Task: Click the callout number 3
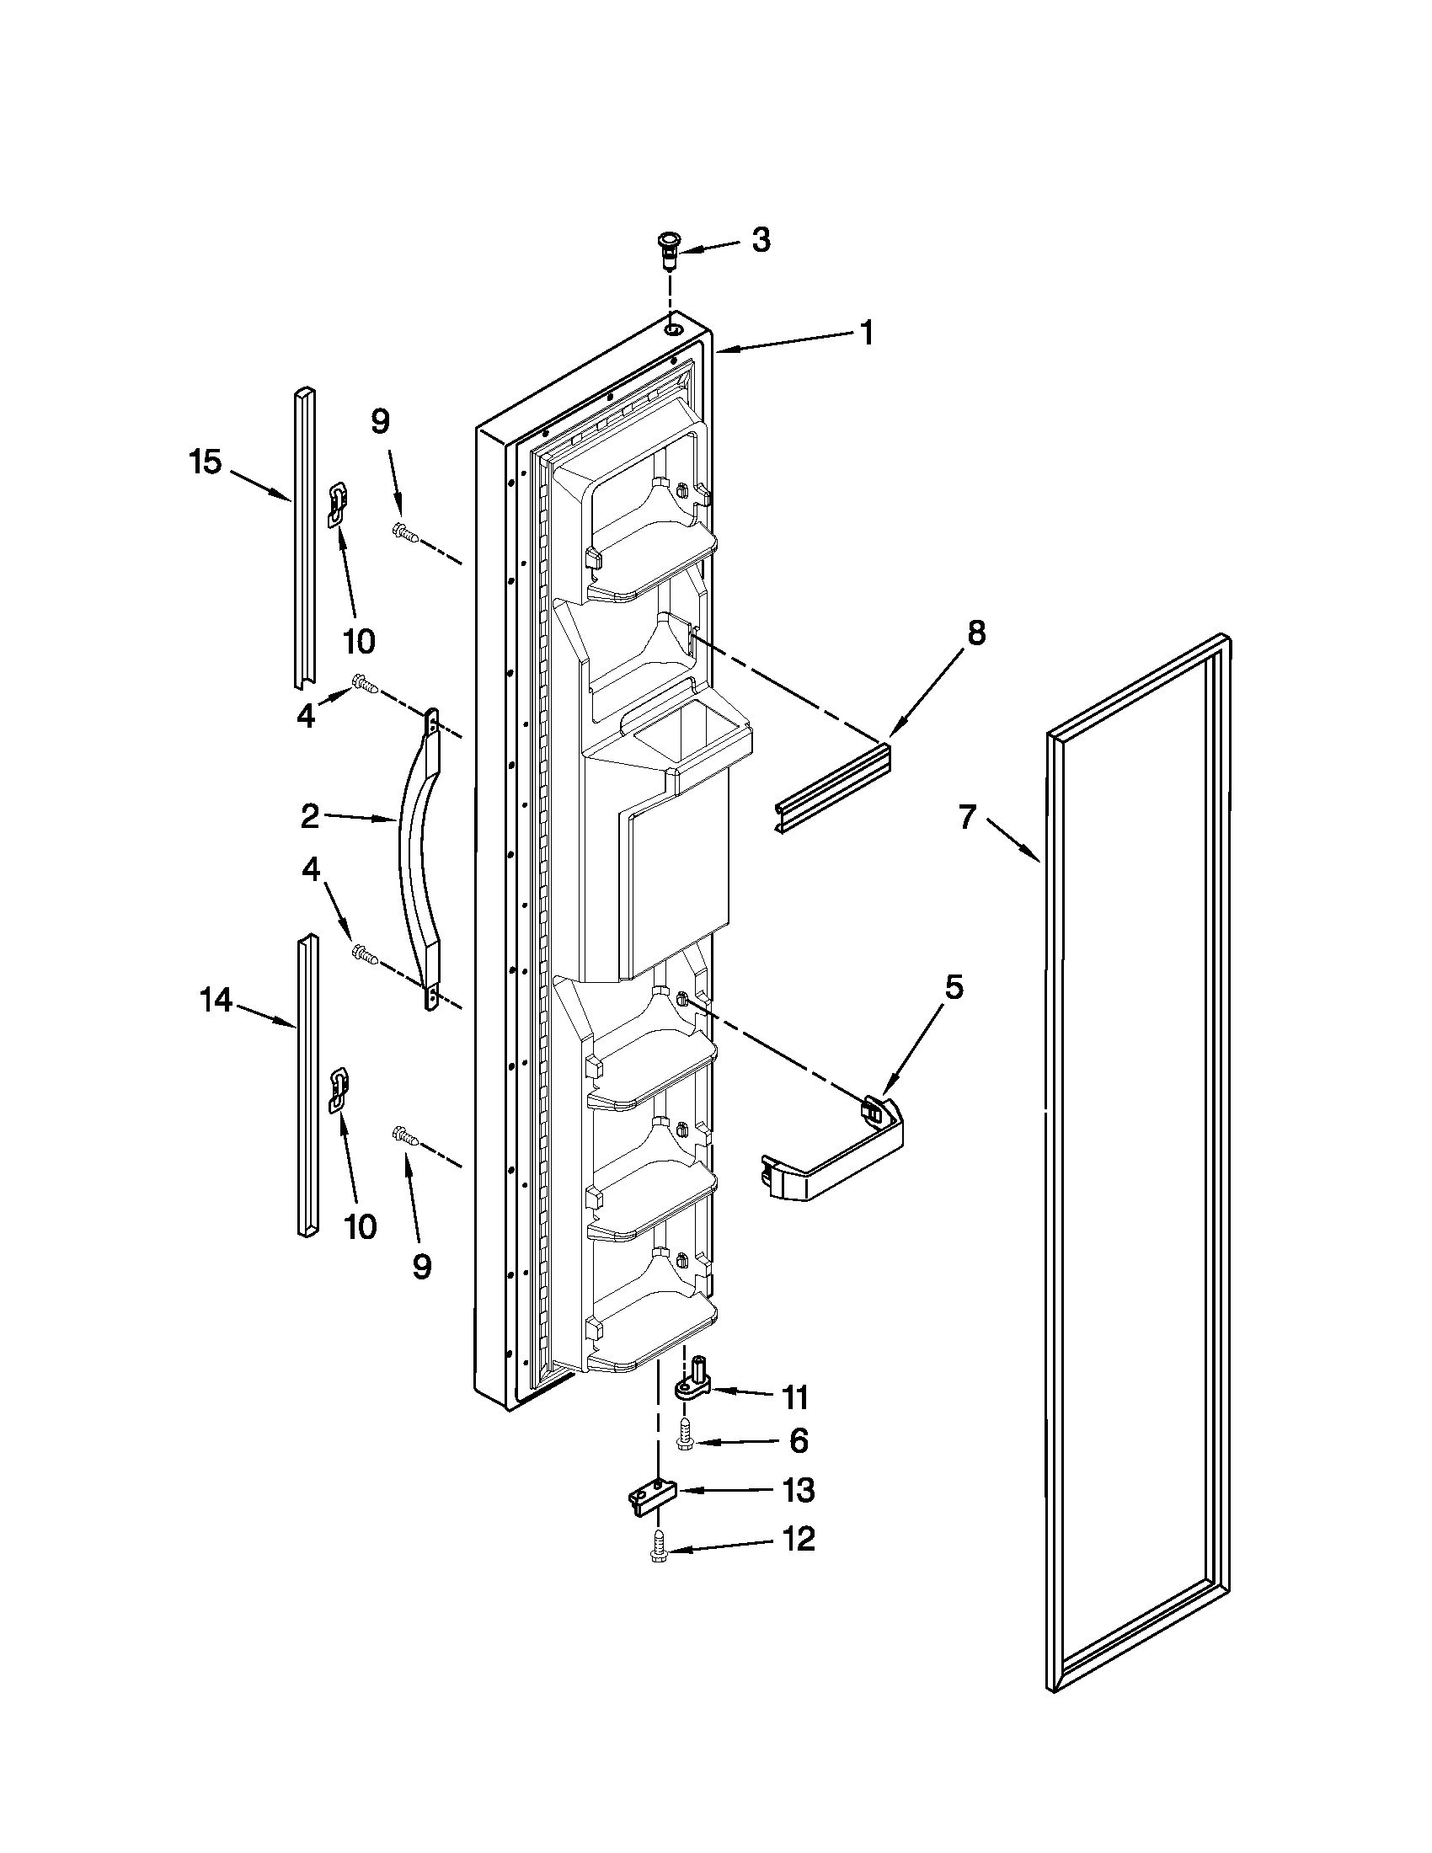761,241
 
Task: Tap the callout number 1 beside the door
866,334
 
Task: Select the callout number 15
206,463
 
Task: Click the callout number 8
976,633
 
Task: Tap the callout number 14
216,1001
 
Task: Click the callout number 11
796,1397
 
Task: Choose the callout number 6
798,1441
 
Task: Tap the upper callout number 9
381,422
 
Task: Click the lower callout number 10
361,1227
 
